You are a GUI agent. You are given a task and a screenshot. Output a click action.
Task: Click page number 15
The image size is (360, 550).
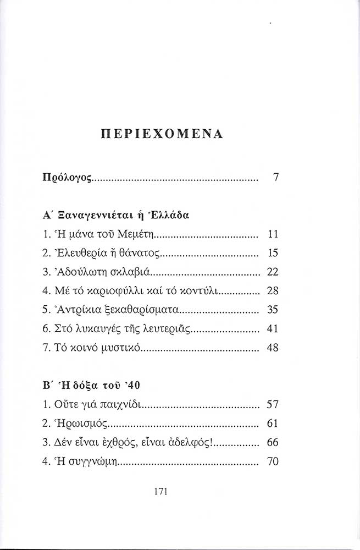pyautogui.click(x=273, y=253)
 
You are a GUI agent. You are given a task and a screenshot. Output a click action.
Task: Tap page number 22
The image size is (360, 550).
pyautogui.click(x=273, y=272)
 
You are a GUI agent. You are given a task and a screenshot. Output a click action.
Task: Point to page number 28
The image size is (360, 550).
pyautogui.click(x=273, y=290)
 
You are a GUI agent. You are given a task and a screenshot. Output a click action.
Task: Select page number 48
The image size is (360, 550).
pyautogui.click(x=273, y=348)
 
